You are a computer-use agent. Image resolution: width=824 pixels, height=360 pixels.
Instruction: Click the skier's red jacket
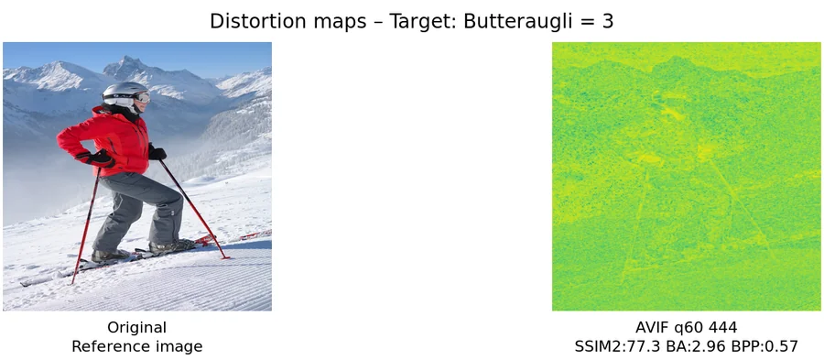(x=114, y=137)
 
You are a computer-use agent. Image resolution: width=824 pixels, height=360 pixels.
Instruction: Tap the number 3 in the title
(x=608, y=21)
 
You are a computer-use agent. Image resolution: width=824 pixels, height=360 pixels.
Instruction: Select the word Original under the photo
(x=136, y=327)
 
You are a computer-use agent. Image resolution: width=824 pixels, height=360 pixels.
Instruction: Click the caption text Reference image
(x=136, y=346)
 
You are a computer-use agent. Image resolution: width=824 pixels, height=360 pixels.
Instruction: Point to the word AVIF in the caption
(x=653, y=327)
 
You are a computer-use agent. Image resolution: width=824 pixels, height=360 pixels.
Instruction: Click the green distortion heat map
(x=687, y=176)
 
